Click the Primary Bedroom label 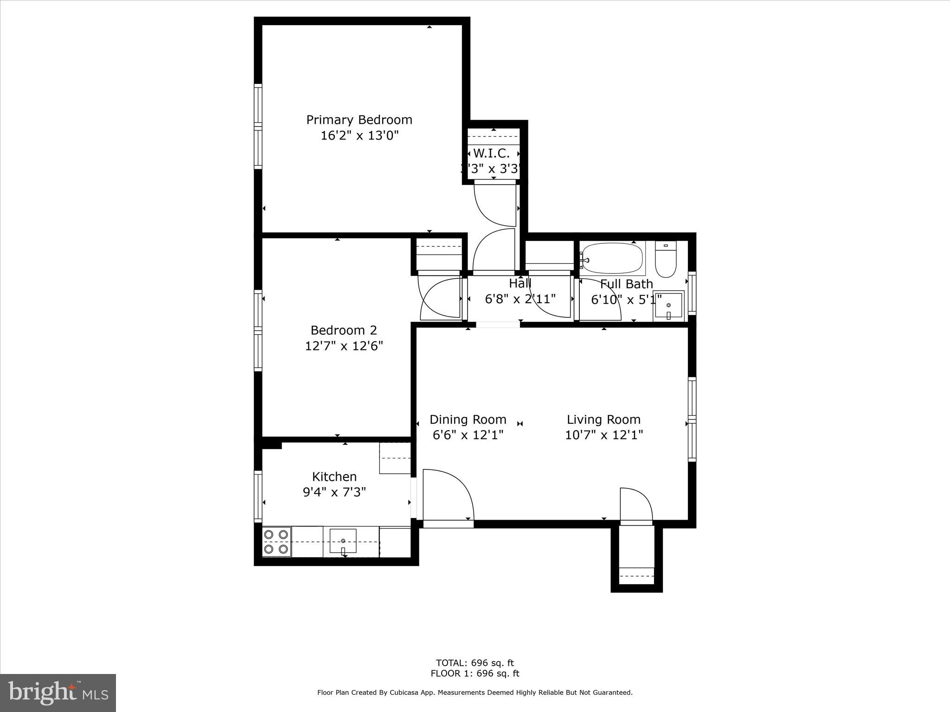[359, 120]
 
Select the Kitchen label [334, 477]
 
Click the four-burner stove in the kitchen [276, 542]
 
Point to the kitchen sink [343, 541]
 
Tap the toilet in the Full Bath [666, 261]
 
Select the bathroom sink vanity [668, 306]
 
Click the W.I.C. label [491, 153]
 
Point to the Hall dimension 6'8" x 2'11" [520, 299]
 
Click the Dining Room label [468, 420]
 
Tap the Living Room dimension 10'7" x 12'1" [603, 435]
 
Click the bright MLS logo [58, 693]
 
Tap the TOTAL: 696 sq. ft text [475, 663]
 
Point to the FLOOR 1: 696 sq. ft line [475, 674]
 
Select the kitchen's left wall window [258, 496]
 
